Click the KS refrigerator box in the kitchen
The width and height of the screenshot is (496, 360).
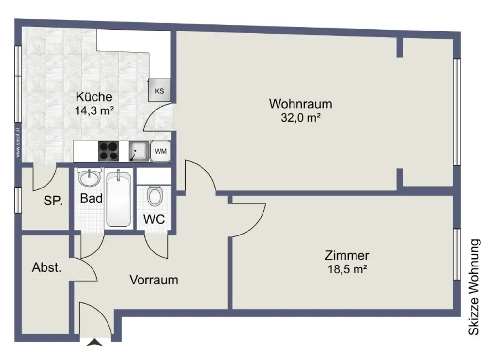pos(159,91)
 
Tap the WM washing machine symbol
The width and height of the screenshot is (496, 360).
pos(160,151)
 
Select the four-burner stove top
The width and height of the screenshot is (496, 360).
pos(109,151)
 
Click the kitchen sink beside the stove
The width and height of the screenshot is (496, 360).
pos(138,151)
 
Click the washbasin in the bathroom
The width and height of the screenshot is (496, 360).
pos(90,178)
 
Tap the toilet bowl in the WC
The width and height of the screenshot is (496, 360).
pos(155,196)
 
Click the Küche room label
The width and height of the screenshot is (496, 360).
pos(94,97)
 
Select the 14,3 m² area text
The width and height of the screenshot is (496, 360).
pos(94,110)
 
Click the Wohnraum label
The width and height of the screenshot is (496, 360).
pos(300,104)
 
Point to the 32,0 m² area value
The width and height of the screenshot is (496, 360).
pos(300,117)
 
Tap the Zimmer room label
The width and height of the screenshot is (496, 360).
pos(347,256)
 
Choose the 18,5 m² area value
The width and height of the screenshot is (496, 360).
pos(347,269)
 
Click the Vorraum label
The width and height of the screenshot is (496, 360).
pos(154,280)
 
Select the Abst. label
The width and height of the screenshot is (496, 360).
pos(47,267)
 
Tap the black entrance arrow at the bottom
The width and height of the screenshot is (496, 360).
pos(95,343)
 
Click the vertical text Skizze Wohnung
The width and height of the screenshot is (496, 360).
pos(474,287)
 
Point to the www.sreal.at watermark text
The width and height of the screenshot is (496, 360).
pos(18,143)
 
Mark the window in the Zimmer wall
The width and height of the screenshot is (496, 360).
pos(456,254)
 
